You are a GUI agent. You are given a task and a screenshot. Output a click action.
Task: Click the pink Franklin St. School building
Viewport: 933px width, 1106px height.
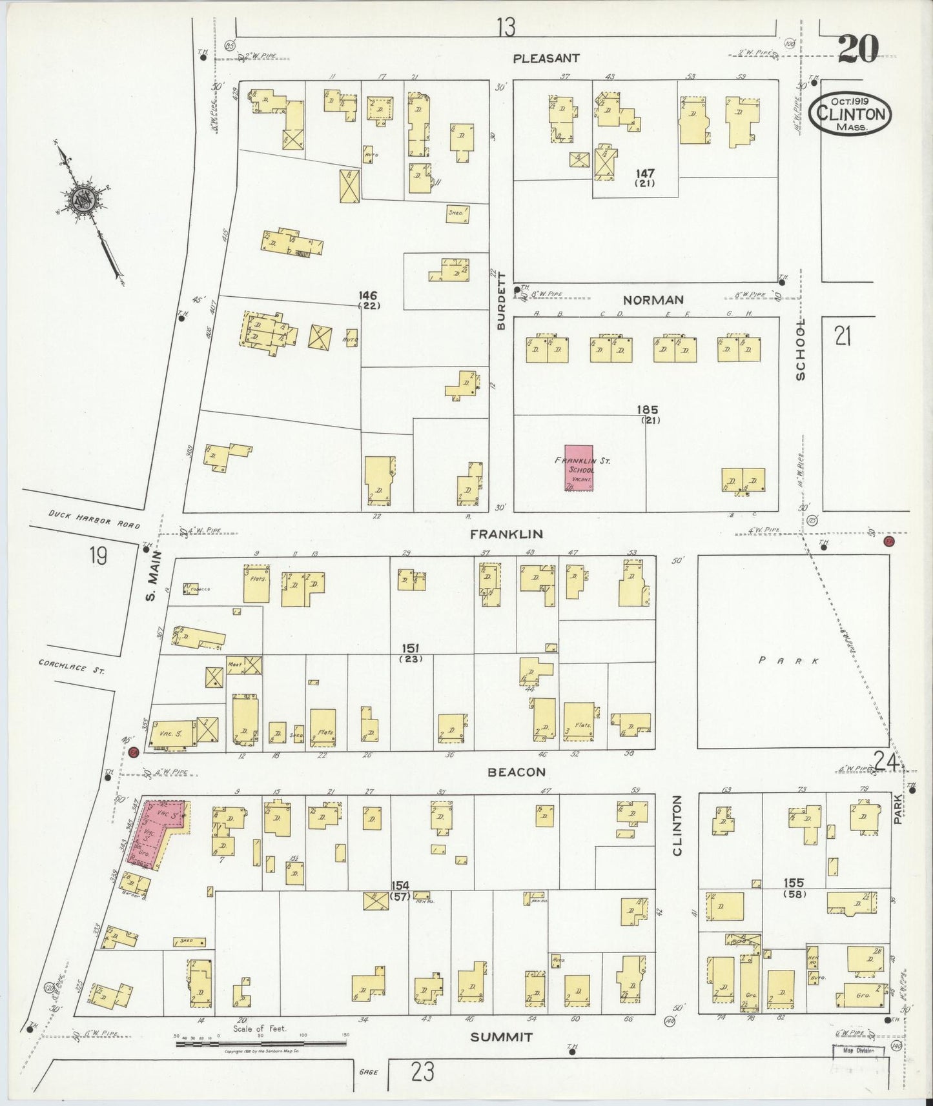(x=579, y=468)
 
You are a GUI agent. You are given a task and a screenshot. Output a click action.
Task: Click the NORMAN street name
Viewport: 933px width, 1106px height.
(x=653, y=300)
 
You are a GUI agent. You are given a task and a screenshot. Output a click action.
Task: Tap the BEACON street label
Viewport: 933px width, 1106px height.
(x=517, y=772)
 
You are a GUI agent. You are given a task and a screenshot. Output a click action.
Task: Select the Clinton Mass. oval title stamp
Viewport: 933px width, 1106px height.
(x=850, y=114)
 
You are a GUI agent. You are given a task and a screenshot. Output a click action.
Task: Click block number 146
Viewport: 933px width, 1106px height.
(x=368, y=296)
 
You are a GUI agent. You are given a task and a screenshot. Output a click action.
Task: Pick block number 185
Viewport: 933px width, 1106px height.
(x=646, y=410)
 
